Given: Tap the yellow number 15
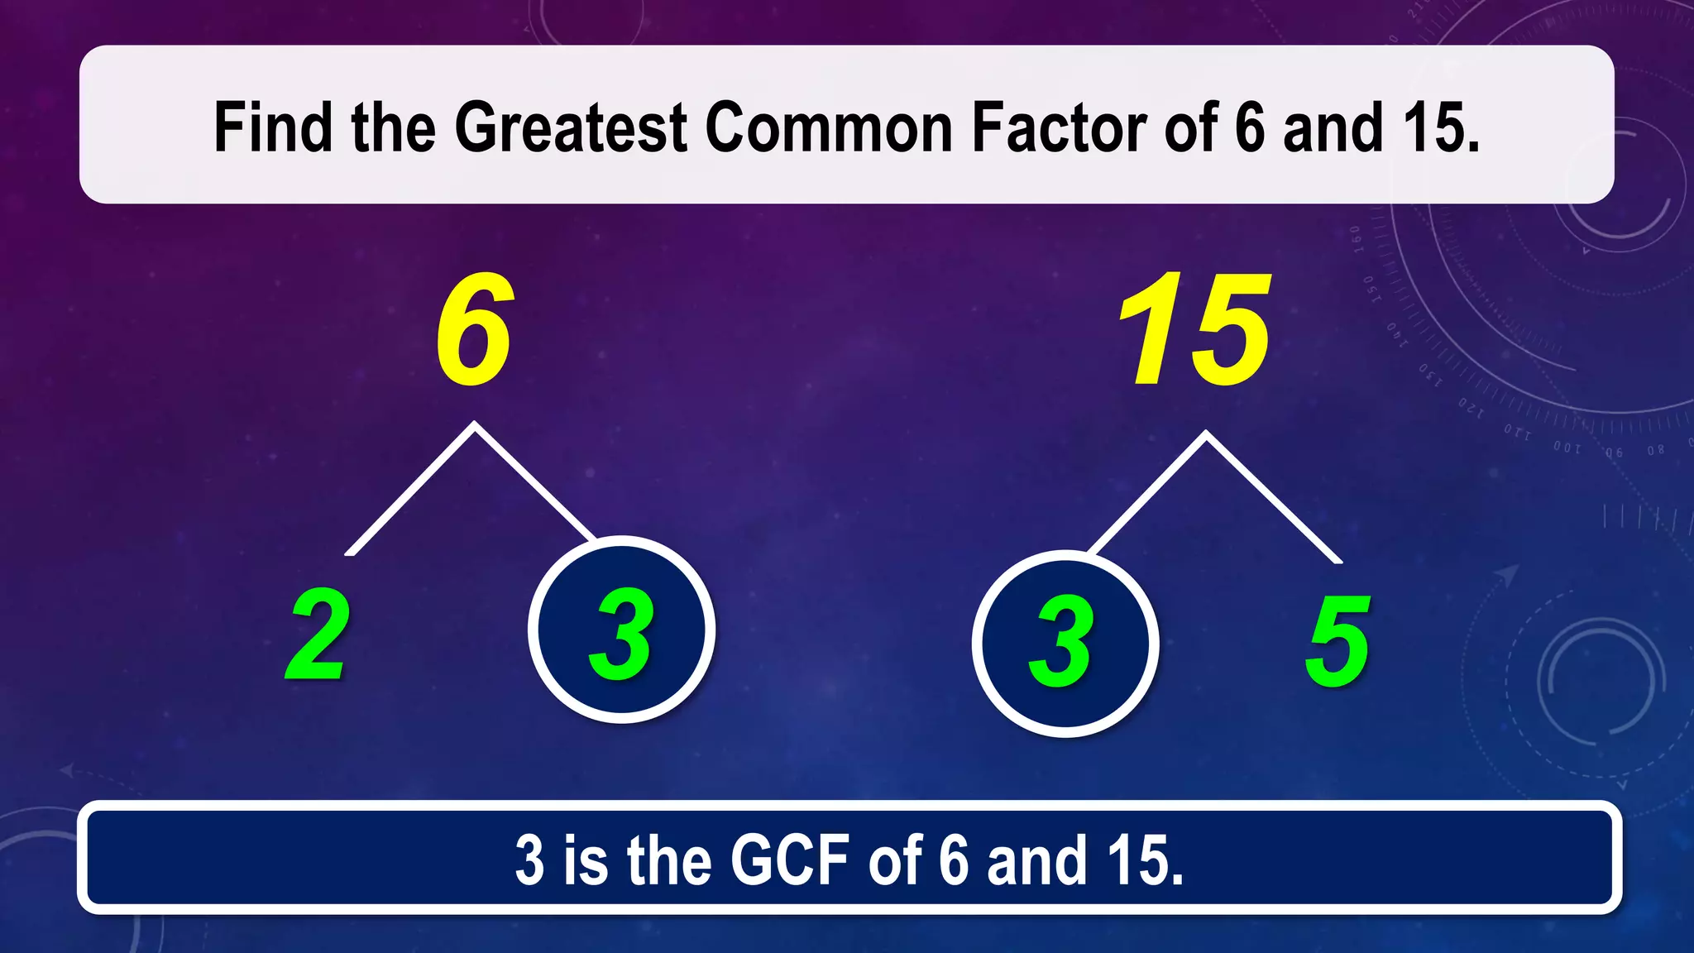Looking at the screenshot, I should pos(1194,330).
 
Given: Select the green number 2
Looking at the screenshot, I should pos(318,635).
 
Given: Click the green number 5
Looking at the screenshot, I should pos(1337,641).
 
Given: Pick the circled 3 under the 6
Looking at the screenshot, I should pos(622,630).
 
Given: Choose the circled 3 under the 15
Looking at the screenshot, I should pos(1065,644).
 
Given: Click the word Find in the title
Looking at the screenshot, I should pos(273,127).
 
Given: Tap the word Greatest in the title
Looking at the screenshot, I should pos(571,127).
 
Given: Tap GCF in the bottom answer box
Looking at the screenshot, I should pos(789,860).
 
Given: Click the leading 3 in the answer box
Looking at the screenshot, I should pos(530,860).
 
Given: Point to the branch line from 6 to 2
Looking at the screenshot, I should pos(411,490).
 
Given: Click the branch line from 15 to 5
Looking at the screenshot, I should pos(1274,498).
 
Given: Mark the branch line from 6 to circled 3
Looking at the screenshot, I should pos(534,481).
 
